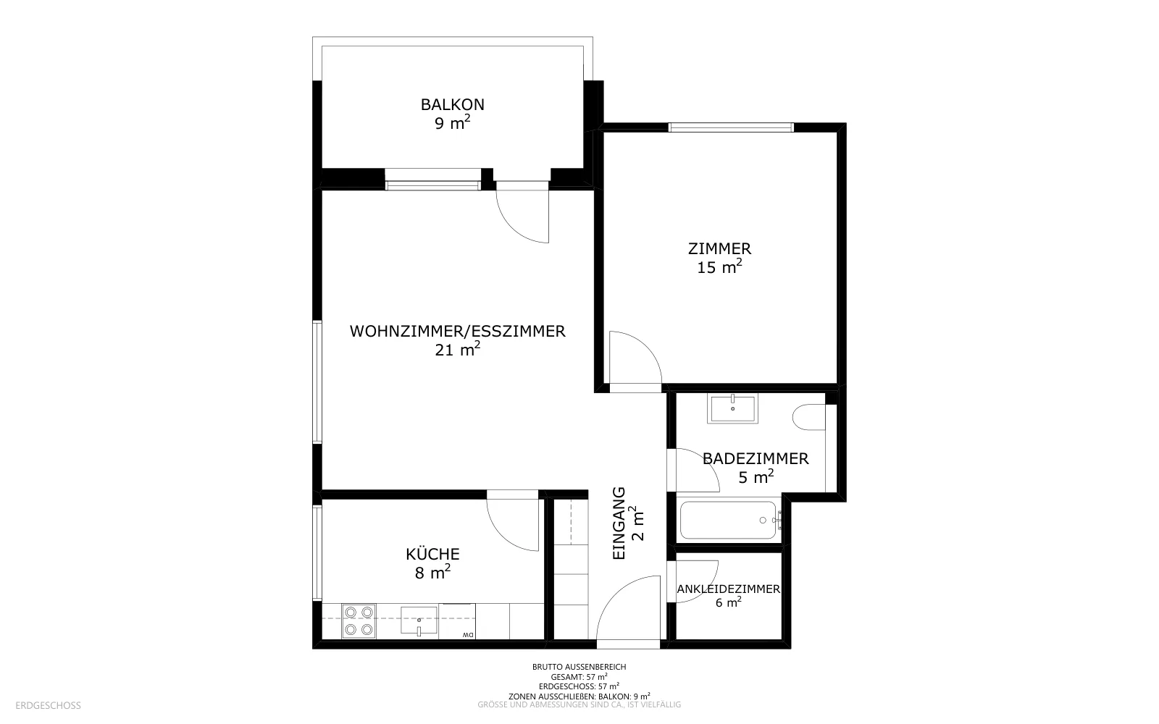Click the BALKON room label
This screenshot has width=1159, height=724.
(452, 104)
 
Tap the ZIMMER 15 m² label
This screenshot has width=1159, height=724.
(719, 258)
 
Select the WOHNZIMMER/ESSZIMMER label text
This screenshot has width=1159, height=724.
(457, 331)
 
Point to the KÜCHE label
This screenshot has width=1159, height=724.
(432, 554)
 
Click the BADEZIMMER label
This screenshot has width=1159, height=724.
(756, 459)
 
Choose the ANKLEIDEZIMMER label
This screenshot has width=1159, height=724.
(729, 589)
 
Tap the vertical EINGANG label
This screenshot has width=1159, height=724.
(619, 523)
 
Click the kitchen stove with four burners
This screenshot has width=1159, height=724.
(359, 621)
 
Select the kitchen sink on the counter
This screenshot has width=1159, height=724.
(419, 620)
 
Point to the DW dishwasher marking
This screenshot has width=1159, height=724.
(467, 634)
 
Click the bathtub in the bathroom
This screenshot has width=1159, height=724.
(729, 521)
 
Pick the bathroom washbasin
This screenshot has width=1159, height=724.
(732, 408)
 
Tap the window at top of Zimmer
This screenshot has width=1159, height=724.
(731, 127)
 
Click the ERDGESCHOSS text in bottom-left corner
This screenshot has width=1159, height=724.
(48, 705)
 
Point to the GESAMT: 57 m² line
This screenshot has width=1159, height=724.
(579, 677)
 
